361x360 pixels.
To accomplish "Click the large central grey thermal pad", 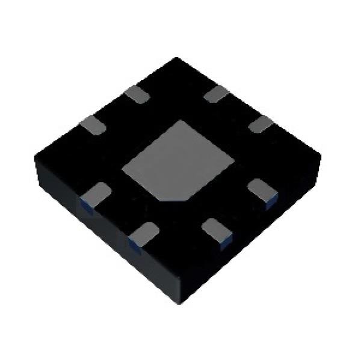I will point(177,160).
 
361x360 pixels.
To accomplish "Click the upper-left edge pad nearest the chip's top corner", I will point(139,94).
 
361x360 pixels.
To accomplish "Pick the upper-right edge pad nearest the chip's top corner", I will point(215,93).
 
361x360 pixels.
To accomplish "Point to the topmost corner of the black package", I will point(176,58).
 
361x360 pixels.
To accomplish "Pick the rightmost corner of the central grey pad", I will point(233,159).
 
